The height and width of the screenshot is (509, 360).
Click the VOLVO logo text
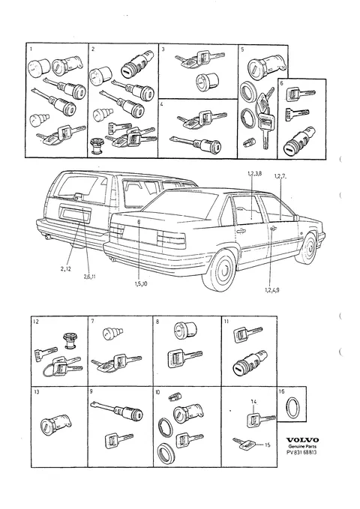[302, 440]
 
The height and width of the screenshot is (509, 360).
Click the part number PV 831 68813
[301, 453]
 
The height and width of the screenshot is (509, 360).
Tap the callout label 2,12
[66, 268]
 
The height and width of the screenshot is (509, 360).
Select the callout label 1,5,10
[141, 283]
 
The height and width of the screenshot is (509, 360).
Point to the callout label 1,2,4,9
[271, 290]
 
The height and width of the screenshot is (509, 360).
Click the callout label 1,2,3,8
[254, 174]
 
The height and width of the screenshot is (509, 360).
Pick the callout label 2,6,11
[89, 277]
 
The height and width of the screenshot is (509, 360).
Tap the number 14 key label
[253, 402]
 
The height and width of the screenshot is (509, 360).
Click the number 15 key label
[267, 445]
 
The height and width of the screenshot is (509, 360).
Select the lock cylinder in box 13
[56, 423]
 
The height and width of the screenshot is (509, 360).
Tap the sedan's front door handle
[272, 229]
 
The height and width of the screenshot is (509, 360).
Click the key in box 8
[184, 358]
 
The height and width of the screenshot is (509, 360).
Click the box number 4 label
[161, 104]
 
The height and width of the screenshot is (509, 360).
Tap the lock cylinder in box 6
[299, 141]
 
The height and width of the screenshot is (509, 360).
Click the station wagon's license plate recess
[75, 214]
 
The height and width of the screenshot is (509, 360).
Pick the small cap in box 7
[112, 334]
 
